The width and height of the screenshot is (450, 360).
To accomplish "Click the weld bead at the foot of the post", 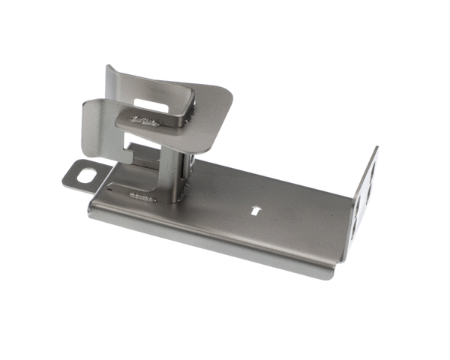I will click(142, 197).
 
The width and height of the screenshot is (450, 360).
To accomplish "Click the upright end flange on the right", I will click(364, 199).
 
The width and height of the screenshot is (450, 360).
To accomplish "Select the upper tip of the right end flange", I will click(375, 150).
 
